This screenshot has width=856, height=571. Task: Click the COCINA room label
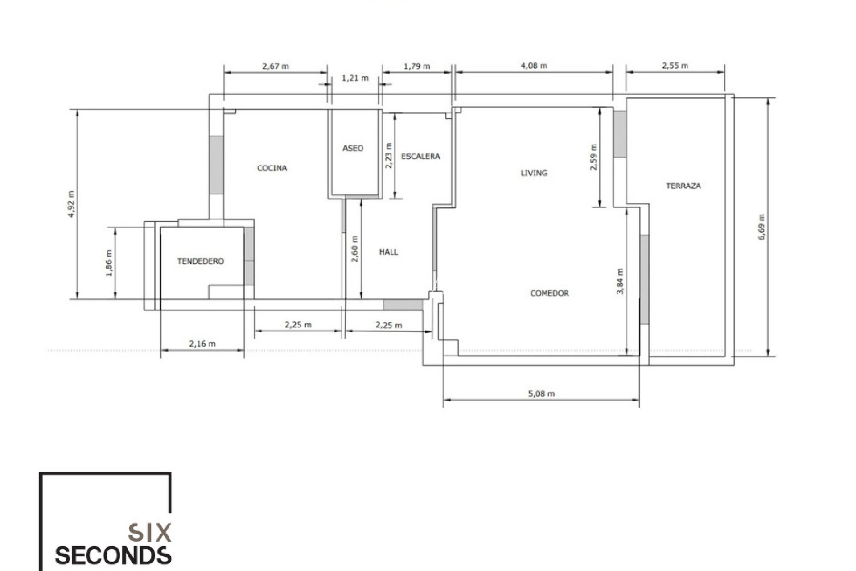pos(272,168)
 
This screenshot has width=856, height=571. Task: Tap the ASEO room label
pos(353,148)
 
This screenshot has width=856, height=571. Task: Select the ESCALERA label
pos(420,157)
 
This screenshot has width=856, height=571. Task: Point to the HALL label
pos(388,252)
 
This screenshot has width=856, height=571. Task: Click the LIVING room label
pos(534,173)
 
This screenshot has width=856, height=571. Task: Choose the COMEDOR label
pos(549,293)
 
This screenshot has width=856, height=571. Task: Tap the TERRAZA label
pos(683,186)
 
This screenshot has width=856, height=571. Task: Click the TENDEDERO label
pos(201,261)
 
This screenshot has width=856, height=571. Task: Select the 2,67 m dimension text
pos(276,66)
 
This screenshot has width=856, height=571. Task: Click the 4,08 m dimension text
pos(534,66)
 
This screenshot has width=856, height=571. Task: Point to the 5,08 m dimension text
pos(541,394)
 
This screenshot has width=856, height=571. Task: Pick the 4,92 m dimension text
pos(71,204)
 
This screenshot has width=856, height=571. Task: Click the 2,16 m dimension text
pos(202,344)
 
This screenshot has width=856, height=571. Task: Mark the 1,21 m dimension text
pos(355,79)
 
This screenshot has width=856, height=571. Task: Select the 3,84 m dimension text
pos(620,281)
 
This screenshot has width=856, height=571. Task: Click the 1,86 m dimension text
pos(109,263)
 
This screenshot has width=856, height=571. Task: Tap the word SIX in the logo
pos(150,533)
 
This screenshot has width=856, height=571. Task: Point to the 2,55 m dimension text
pos(675,66)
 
